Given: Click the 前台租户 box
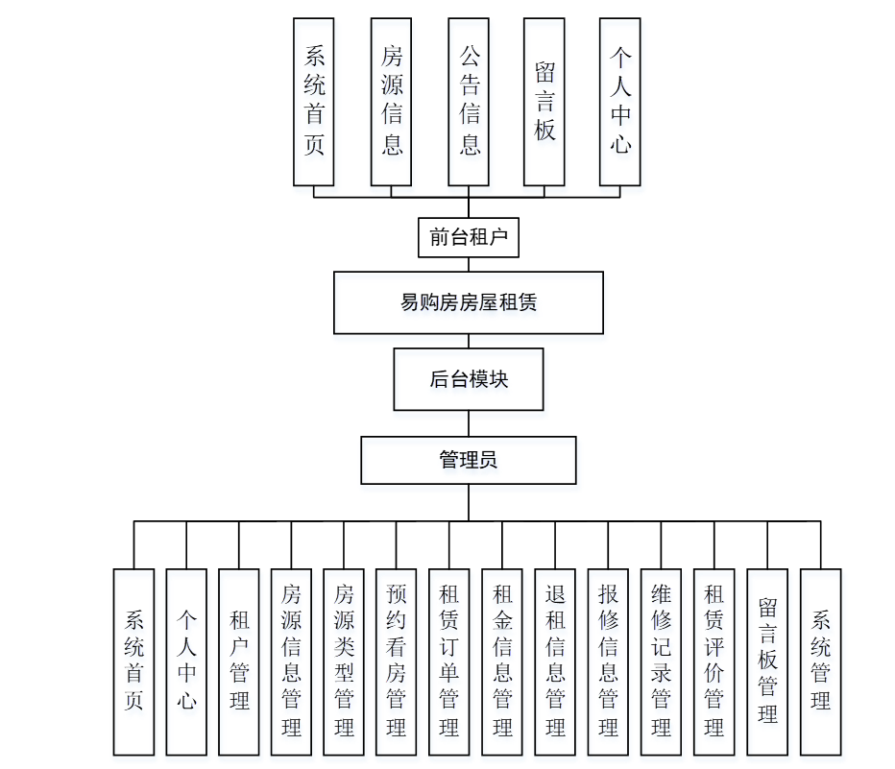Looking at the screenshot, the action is pos(469,237).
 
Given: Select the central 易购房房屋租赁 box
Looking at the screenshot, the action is pos(469,302).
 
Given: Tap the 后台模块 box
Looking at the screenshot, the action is pos(469,379).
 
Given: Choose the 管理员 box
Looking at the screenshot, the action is pos(469,460).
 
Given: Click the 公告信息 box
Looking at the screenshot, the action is pos(469,101).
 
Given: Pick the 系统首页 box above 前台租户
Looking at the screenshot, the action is pos(314,101).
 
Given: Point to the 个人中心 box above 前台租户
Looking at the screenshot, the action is pos(619,101).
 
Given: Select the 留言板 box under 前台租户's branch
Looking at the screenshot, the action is pos(544,101).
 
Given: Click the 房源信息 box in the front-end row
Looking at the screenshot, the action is pos(391,101).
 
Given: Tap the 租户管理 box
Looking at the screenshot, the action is pos(239,661).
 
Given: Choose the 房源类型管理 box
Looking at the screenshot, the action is pos(345,661).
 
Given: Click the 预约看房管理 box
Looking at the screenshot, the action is pos(397,661).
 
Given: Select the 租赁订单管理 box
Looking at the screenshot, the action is pos(449,661).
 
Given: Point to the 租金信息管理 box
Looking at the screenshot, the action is pos(502,661).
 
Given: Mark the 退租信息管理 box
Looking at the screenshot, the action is pos(555,661).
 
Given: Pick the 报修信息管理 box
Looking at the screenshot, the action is pos(608,661).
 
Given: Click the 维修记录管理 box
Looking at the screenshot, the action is pos(661,661).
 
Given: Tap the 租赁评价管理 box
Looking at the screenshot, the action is pos(714,661).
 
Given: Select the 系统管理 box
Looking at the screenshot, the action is pos(820,661).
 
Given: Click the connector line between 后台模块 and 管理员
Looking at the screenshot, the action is pos(469,423).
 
